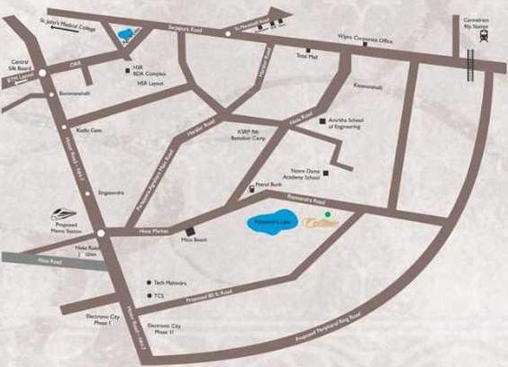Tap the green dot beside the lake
328,214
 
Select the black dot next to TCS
149,294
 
